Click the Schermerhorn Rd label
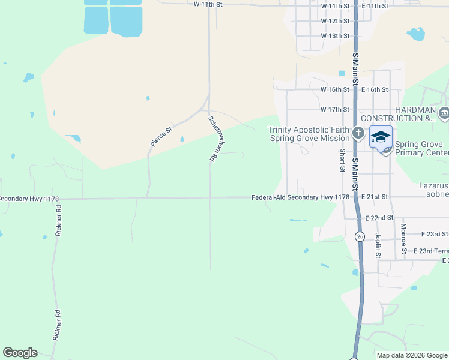pyautogui.click(x=212, y=139)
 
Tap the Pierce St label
pyautogui.click(x=161, y=136)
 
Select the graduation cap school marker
pyautogui.click(x=380, y=137)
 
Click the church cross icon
pyautogui.click(x=358, y=133)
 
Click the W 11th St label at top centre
pyautogui.click(x=209, y=4)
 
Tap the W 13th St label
pyautogui.click(x=335, y=36)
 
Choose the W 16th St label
pyautogui.click(x=335, y=89)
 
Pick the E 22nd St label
pyautogui.click(x=379, y=217)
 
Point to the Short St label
pyautogui.click(x=342, y=160)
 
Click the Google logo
pyautogui.click(x=20, y=353)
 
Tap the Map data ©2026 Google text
pyautogui.click(x=412, y=355)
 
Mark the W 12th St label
pyautogui.click(x=335, y=21)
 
